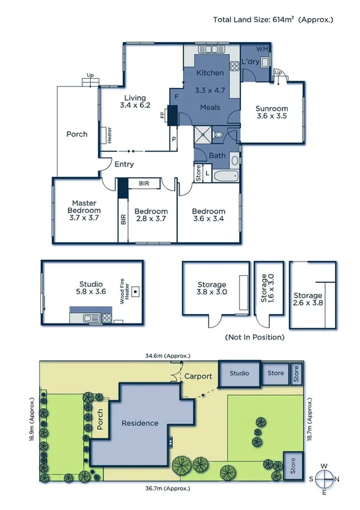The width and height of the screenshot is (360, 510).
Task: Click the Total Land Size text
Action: pos(272,20)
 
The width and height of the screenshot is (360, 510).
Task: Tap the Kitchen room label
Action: pos(210,73)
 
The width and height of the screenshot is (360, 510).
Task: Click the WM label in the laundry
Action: pos(263,48)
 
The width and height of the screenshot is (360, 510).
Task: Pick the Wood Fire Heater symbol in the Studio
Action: pos(136,291)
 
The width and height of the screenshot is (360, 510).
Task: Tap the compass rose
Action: pos(324,479)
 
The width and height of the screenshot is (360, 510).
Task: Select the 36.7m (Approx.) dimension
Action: pos(165,488)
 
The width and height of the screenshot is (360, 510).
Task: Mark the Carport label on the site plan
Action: pos(198,376)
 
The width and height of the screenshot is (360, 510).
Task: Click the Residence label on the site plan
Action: pos(140,423)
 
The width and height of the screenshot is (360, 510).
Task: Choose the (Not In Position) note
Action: pos(254,337)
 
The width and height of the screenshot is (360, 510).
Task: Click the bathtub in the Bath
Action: pos(225,176)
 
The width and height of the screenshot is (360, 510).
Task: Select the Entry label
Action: pos(124,164)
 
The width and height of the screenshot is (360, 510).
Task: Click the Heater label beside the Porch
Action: pos(109,135)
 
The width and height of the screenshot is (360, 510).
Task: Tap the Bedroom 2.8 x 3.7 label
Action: pos(150,215)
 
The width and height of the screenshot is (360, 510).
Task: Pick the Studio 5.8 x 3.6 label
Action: pos(91,288)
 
